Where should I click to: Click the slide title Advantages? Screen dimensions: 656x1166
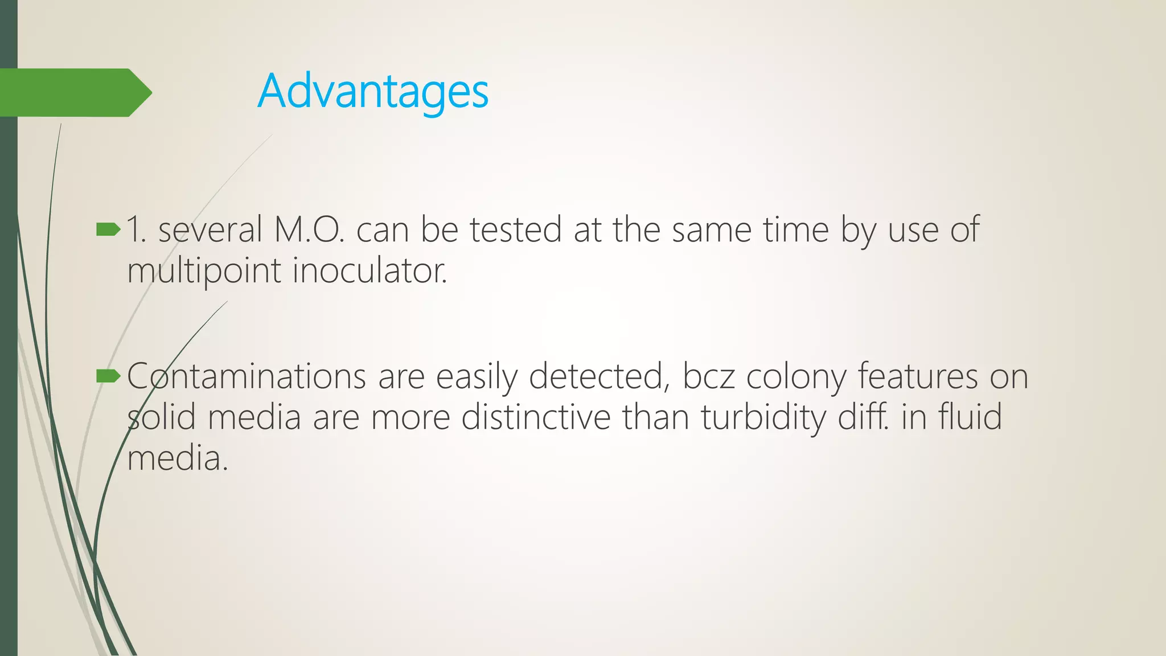pos(373,92)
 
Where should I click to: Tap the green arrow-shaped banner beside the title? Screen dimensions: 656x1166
pos(74,93)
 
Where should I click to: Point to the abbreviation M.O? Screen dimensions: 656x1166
pos(309,229)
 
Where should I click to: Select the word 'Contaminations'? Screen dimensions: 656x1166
pos(246,376)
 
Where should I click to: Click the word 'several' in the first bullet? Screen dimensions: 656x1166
pos(210,229)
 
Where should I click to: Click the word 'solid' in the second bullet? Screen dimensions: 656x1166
pos(162,417)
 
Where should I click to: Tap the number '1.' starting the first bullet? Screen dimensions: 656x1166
pos(137,229)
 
